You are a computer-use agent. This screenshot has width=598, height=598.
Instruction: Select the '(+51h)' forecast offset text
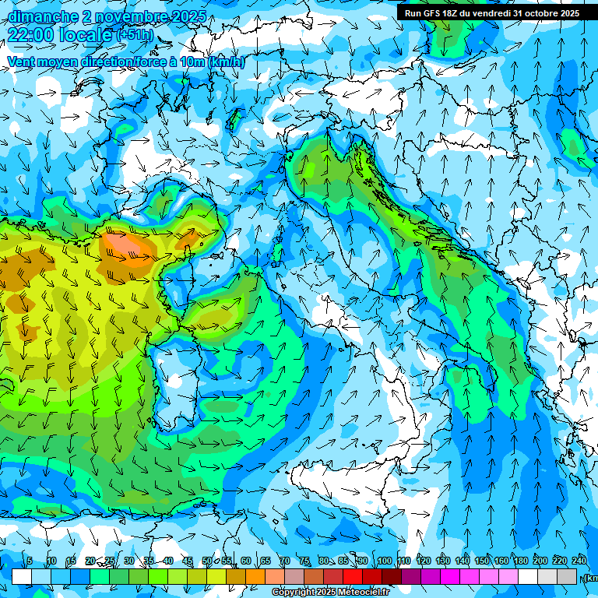click(135, 35)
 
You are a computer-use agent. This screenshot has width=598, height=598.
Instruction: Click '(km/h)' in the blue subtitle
click(227, 62)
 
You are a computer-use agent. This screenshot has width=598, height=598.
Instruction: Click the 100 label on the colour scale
click(384, 561)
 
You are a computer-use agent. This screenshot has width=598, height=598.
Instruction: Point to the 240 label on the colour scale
click(579, 561)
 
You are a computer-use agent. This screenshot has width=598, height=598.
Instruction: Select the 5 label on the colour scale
click(30, 561)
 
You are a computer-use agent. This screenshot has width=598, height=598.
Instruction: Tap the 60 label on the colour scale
click(246, 561)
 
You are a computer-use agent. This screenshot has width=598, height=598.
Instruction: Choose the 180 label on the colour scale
click(520, 561)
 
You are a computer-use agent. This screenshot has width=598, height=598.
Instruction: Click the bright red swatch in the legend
click(353, 576)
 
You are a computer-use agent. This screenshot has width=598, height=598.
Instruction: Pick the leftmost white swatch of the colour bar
click(22, 576)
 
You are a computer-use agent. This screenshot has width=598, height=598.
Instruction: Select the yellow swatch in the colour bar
click(216, 576)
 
